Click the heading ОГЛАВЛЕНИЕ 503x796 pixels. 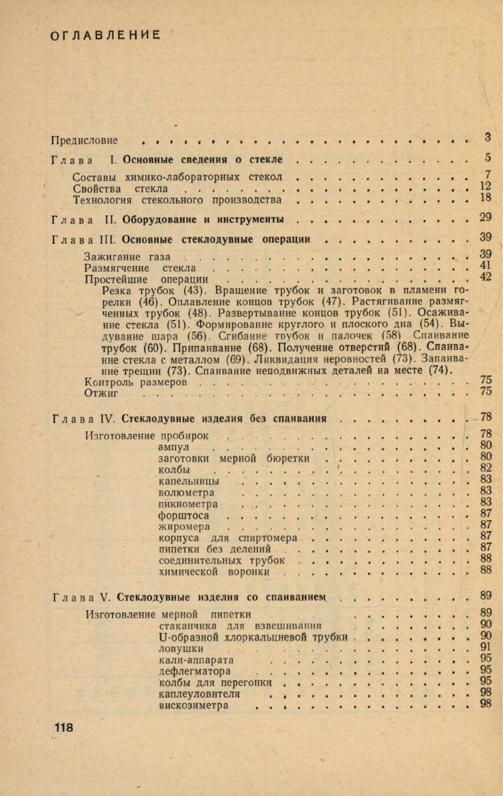pos(105,35)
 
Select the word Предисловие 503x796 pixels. pos(84,140)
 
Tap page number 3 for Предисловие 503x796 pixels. pos(488,138)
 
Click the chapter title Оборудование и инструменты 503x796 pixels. pos(203,219)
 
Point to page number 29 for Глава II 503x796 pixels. pos(486,217)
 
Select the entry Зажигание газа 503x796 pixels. pos(127,256)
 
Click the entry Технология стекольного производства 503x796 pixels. pos(177,200)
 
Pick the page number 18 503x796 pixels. pos(486,198)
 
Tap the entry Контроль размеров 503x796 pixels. pos(140,383)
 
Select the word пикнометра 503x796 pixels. pos(188,504)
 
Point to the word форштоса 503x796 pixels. pos(183,516)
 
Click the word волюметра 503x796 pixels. pos(186,493)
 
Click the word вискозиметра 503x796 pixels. pos(193,705)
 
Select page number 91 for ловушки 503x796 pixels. pos(486,646)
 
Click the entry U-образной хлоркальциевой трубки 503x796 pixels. pos(254,637)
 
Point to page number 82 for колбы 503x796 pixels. pos(486,467)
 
